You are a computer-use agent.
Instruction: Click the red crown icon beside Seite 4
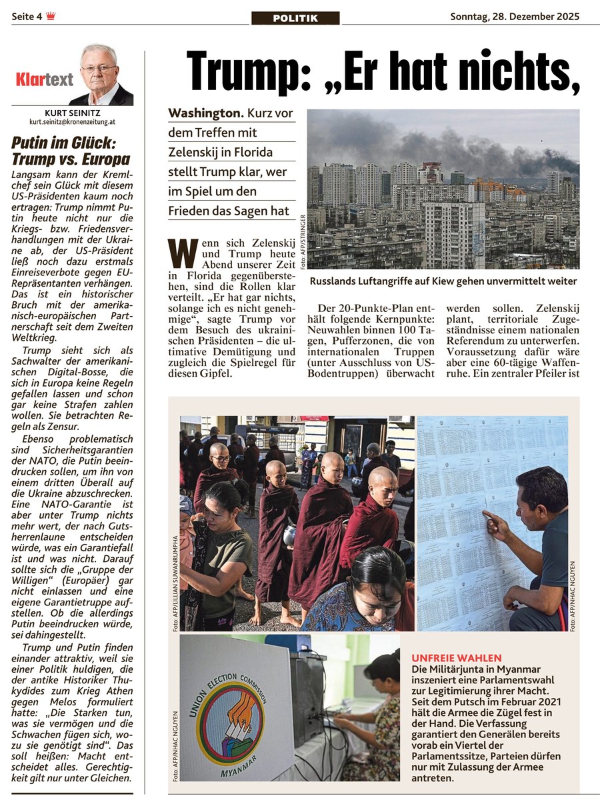(x=51, y=17)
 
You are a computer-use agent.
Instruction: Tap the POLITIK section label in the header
(x=295, y=18)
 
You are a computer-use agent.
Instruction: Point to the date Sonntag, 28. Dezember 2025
(x=515, y=16)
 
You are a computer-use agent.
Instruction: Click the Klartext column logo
(x=45, y=80)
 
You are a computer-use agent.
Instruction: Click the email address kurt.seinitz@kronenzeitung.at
(x=72, y=123)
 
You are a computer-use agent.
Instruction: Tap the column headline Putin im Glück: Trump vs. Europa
(x=71, y=151)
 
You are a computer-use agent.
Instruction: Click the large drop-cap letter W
(x=183, y=253)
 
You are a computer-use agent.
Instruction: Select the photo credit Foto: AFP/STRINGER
(x=303, y=242)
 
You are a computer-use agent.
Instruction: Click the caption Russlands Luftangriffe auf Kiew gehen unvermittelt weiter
(x=443, y=281)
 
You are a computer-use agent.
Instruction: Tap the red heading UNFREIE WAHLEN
(x=457, y=657)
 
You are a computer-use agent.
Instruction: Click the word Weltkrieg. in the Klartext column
(x=35, y=337)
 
